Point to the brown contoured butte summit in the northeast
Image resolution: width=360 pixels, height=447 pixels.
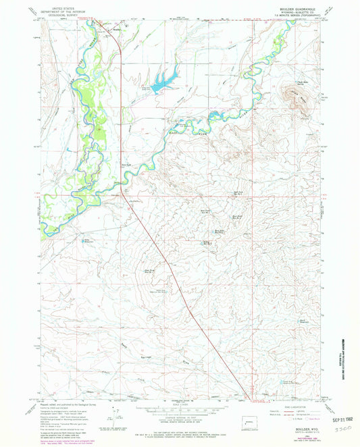coord(298,101)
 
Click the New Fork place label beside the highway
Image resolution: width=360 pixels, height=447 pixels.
coord(126,164)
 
